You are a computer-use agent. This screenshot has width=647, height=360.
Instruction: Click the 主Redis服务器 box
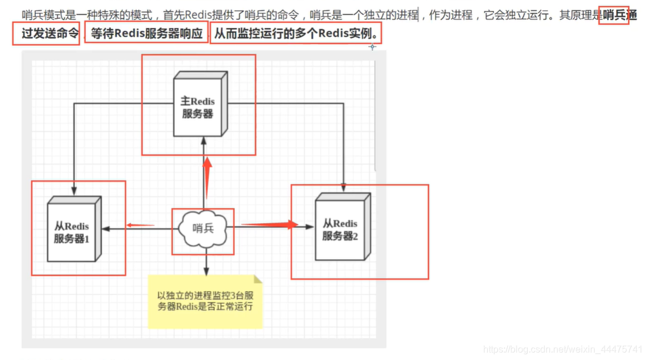pyautogui.click(x=197, y=106)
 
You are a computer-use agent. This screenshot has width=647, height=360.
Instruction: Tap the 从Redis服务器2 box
pyautogui.click(x=340, y=228)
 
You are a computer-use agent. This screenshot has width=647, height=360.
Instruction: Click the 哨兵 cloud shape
pyautogui.click(x=203, y=229)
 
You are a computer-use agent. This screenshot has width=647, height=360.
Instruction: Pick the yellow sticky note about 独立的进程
pyautogui.click(x=205, y=301)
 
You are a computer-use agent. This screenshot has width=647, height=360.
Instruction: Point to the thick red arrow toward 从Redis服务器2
pyautogui.click(x=270, y=224)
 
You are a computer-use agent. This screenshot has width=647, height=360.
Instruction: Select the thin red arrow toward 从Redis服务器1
pyautogui.click(x=140, y=224)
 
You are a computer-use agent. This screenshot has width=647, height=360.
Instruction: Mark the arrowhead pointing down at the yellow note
pyautogui.click(x=205, y=271)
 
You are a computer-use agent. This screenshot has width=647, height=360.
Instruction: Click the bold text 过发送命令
pyautogui.click(x=50, y=33)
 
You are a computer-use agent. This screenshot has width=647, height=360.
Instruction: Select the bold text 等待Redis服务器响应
pyautogui.click(x=146, y=33)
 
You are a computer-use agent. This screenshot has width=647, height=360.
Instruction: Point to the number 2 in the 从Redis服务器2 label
pyautogui.click(x=355, y=236)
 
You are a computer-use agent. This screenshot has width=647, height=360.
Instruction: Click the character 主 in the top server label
pyautogui.click(x=185, y=101)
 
